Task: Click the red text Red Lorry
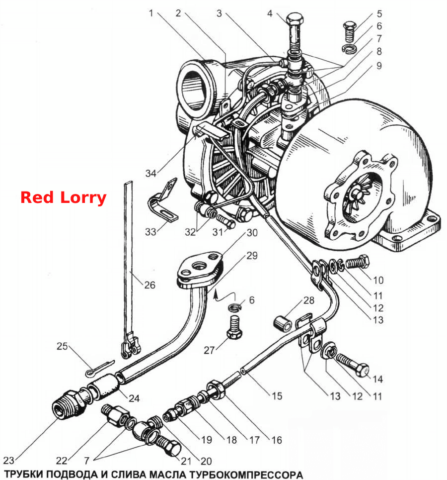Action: [x=63, y=198]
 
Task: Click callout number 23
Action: [x=9, y=460]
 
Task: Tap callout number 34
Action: [x=150, y=173]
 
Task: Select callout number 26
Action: [x=150, y=285]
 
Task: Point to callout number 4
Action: [x=270, y=13]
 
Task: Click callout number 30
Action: [x=252, y=233]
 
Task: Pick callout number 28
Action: [x=309, y=300]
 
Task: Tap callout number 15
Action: [x=277, y=396]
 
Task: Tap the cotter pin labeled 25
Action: [x=99, y=368]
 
